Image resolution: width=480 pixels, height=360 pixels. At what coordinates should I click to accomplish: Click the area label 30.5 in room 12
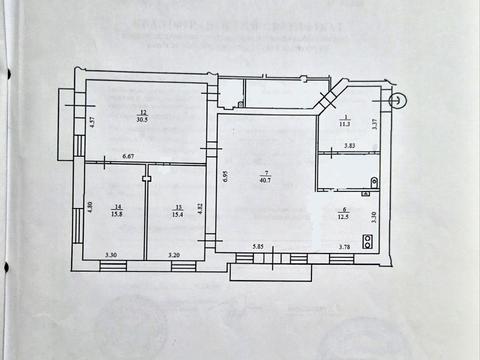tap(144, 119)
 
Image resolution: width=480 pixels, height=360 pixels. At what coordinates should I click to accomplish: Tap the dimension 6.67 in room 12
tap(129, 157)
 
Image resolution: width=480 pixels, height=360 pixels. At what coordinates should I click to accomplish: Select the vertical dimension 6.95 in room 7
tap(226, 176)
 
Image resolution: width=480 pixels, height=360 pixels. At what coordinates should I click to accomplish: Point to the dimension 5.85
tap(258, 246)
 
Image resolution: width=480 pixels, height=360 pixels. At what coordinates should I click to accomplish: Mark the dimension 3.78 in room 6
tap(345, 246)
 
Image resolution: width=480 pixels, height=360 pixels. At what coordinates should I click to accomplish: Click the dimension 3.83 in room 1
tap(350, 146)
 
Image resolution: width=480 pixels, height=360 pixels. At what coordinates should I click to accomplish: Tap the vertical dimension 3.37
tap(374, 125)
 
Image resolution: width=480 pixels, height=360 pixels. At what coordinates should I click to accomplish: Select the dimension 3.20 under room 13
tap(174, 256)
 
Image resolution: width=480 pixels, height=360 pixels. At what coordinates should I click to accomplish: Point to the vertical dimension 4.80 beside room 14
tap(90, 209)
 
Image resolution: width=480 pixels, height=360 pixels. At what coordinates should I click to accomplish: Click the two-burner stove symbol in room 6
tap(368, 241)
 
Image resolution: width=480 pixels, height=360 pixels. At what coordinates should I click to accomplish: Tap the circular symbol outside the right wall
tap(397, 98)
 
